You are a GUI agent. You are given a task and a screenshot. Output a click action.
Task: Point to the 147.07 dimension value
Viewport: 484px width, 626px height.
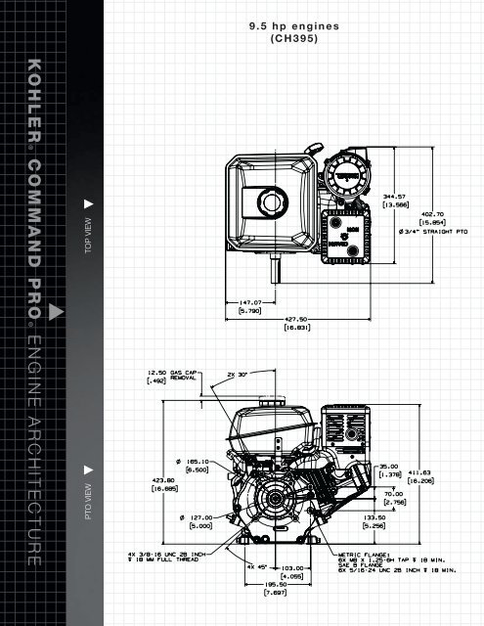pyautogui.click(x=252, y=305)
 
